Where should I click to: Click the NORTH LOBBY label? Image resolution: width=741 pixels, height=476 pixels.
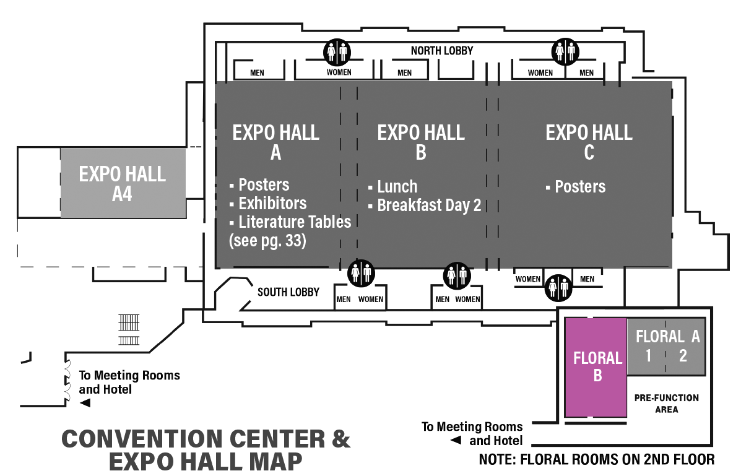441,51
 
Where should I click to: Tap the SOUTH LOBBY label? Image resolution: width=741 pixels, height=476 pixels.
288,292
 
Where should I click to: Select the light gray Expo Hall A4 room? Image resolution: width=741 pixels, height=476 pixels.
123,183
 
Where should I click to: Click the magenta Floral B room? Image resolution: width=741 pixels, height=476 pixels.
596,367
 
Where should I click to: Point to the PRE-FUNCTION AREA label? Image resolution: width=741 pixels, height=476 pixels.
666,404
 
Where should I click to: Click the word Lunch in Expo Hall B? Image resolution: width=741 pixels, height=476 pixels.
397,187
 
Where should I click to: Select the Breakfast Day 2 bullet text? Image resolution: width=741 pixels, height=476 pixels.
429,205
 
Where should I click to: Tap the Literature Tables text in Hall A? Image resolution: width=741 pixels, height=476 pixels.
295,222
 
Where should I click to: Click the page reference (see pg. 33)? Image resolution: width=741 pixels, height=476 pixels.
267,241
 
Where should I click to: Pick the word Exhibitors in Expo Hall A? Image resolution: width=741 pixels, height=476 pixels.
272,203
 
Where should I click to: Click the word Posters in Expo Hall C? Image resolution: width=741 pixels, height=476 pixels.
580,187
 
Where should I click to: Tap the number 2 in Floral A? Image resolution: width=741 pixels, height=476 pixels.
683,355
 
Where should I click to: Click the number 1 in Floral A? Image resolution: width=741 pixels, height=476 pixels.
648,355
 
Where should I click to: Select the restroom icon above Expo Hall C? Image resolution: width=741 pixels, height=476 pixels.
566,51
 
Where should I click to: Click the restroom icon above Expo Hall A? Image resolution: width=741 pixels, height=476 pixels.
337,52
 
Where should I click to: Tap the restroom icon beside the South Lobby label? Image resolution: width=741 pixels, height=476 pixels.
361,273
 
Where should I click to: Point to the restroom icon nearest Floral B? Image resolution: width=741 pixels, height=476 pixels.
558,288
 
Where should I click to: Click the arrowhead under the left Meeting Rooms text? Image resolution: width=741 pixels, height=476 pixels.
85,403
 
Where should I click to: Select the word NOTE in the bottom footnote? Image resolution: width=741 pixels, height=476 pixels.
496,459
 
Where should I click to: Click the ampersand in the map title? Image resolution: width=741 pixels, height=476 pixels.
340,439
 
